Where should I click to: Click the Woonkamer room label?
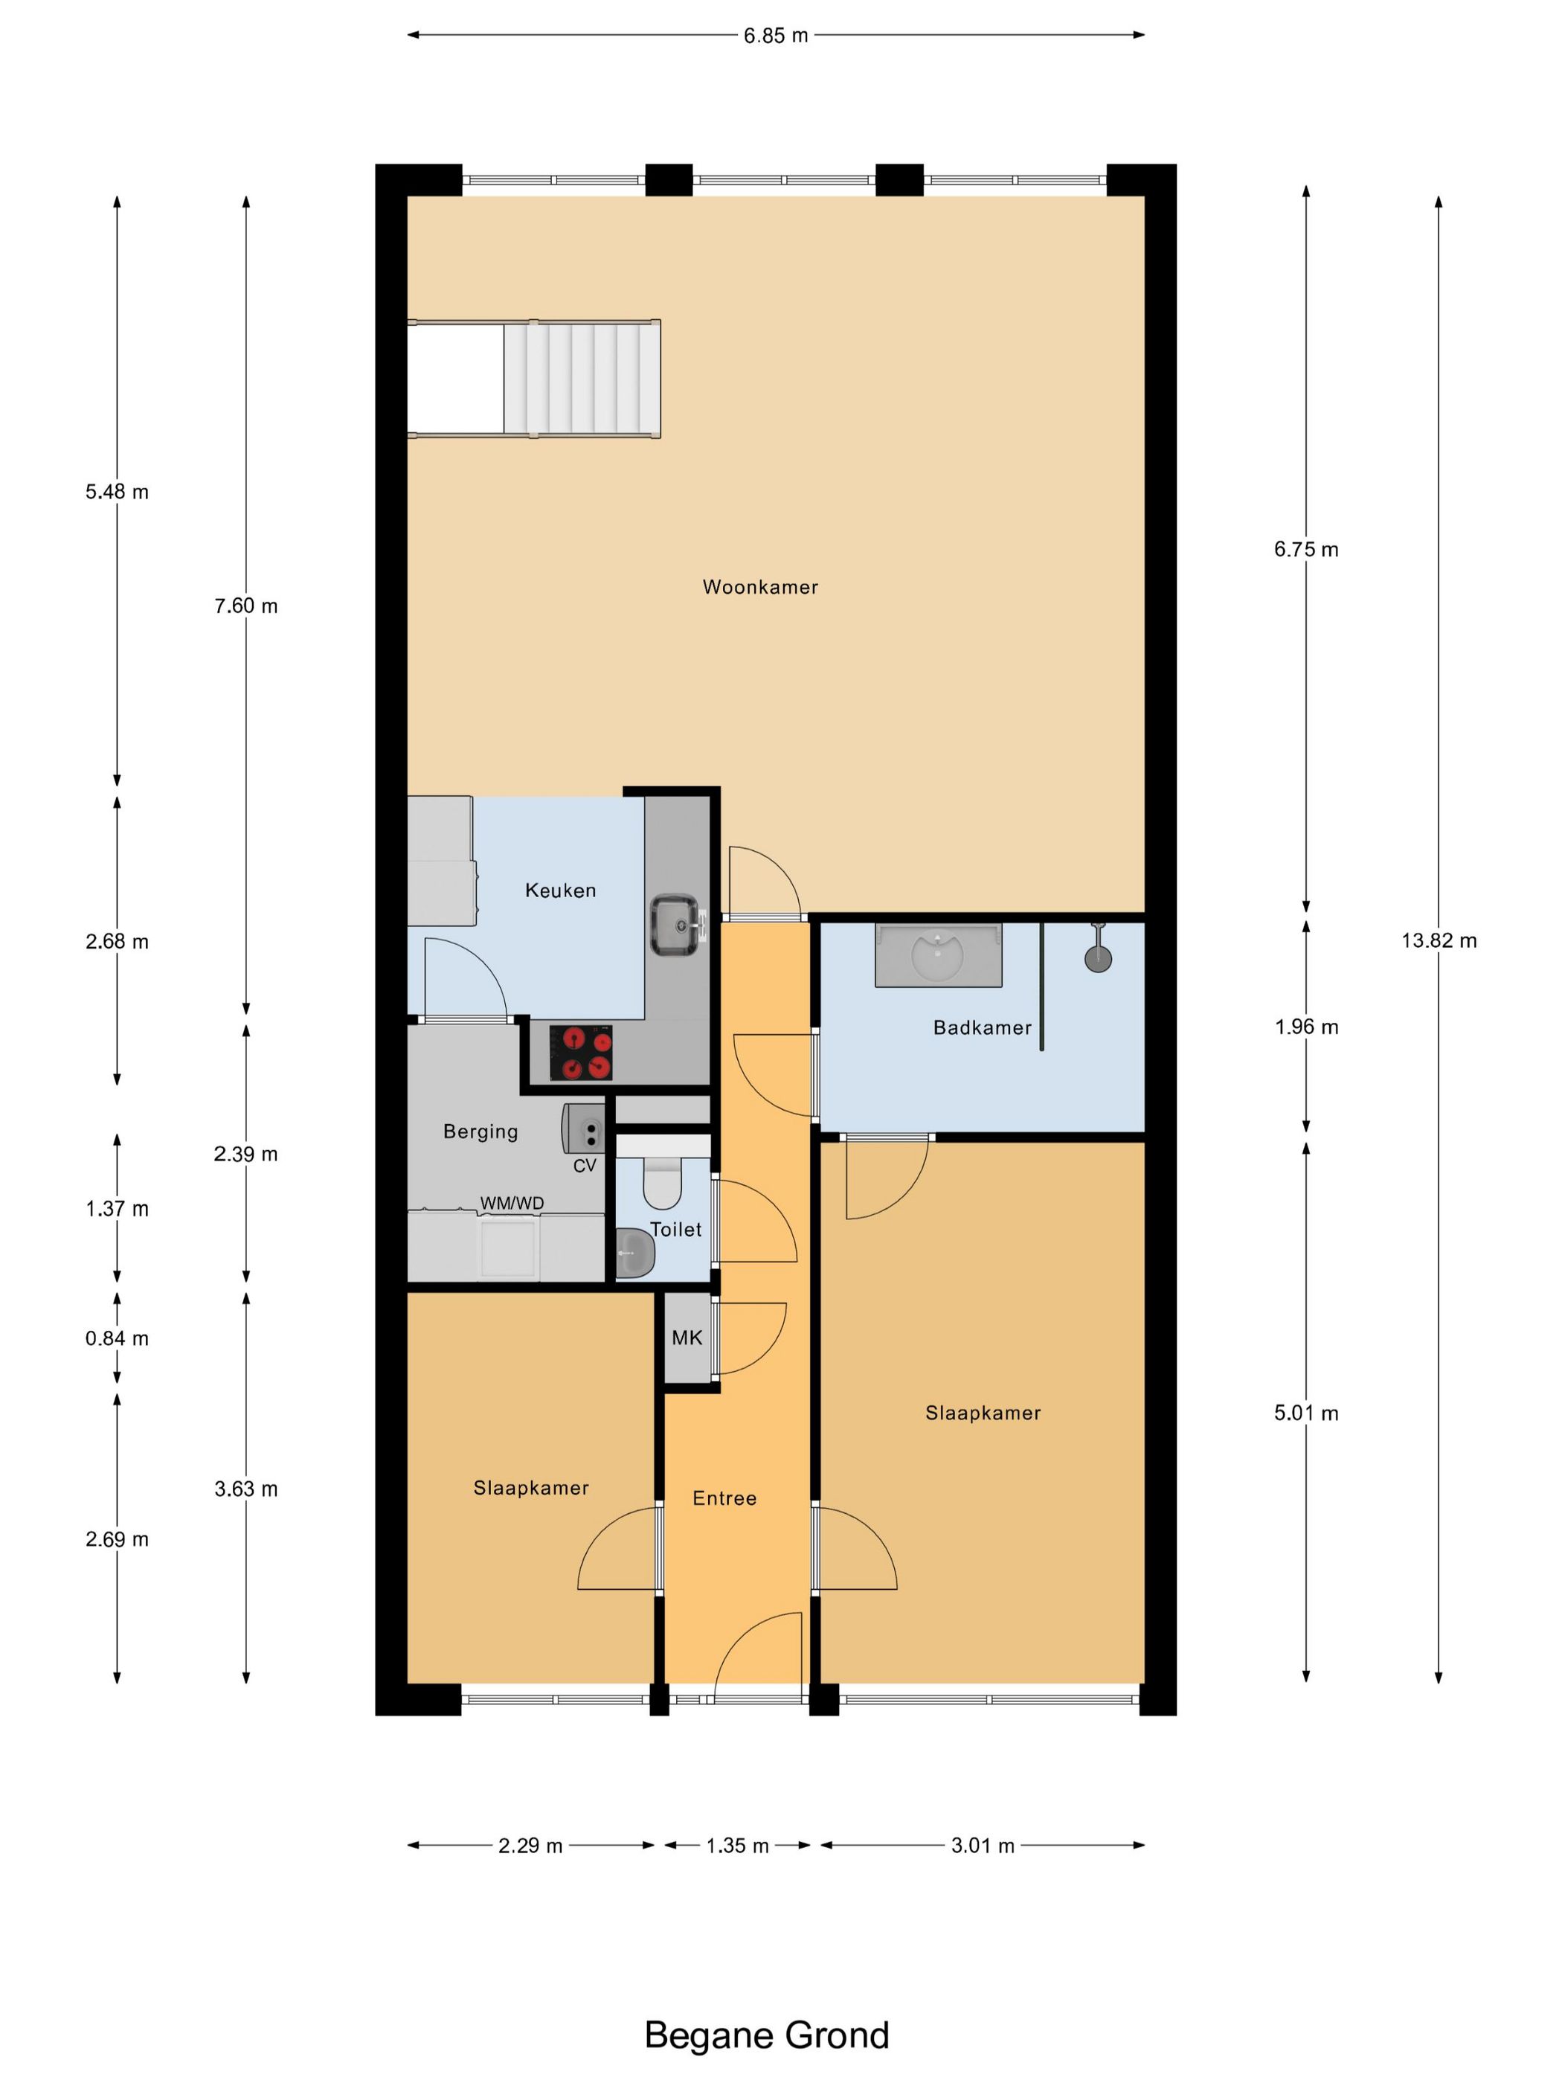click(760, 587)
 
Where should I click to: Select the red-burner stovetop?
click(581, 1052)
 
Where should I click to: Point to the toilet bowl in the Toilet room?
click(663, 1182)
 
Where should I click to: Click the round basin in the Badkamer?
click(938, 954)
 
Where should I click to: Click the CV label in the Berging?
click(585, 1165)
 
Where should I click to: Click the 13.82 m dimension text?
click(1439, 940)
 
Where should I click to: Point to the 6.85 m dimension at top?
click(776, 36)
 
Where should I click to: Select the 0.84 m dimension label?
click(117, 1338)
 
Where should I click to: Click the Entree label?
click(724, 1498)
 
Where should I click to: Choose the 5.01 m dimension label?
click(1306, 1413)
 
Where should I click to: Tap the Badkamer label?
click(982, 1027)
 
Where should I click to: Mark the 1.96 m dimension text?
click(1306, 1027)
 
